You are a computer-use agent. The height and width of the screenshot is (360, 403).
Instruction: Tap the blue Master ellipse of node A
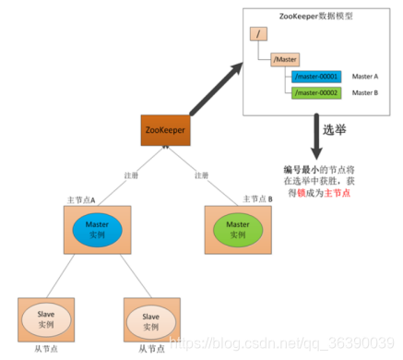pos(91,228)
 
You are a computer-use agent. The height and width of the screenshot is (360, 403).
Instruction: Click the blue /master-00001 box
pos(316,76)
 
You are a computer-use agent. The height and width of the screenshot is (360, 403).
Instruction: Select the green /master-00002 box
pos(316,92)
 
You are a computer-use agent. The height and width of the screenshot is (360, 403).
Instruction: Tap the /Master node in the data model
pos(285,58)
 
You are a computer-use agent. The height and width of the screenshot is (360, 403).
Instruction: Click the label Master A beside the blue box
pos(366,76)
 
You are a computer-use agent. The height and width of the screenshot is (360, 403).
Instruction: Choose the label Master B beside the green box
pos(366,92)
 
